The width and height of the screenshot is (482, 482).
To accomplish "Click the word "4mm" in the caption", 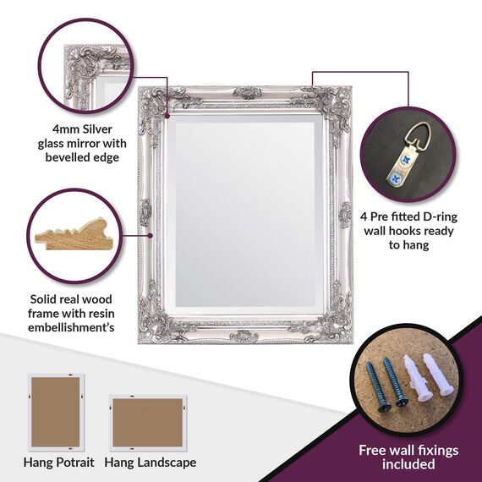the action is (66, 129).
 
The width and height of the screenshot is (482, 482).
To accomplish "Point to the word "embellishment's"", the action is (71, 328).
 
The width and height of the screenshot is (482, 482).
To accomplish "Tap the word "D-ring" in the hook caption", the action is (441, 216).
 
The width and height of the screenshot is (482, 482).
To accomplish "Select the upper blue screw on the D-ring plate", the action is (406, 159).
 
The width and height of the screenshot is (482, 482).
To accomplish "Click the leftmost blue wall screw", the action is (377, 386).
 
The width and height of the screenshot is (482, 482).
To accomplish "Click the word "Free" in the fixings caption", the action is (373, 451).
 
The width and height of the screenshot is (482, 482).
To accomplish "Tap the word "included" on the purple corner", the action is (408, 464).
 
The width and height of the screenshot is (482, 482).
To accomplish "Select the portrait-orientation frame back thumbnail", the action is (56, 412).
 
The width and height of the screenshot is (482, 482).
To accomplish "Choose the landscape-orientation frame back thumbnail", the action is (148, 423).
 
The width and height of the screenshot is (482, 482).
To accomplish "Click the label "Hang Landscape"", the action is (151, 463).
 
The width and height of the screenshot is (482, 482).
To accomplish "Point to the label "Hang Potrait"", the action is (58, 463).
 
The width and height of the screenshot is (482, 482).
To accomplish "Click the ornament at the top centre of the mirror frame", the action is (247, 93).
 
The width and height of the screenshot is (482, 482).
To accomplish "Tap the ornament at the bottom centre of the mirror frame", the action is (244, 337).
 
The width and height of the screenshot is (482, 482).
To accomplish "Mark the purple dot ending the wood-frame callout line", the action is (150, 235).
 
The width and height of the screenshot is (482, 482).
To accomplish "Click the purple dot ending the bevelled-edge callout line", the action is (167, 116).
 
